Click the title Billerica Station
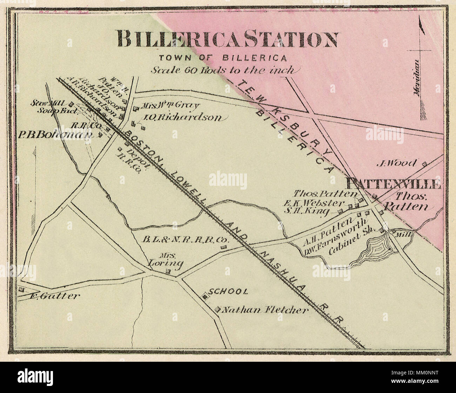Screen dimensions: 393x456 coord(227,39)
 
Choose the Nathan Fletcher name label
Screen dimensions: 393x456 coord(266,310)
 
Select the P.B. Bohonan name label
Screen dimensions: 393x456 coord(55,135)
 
